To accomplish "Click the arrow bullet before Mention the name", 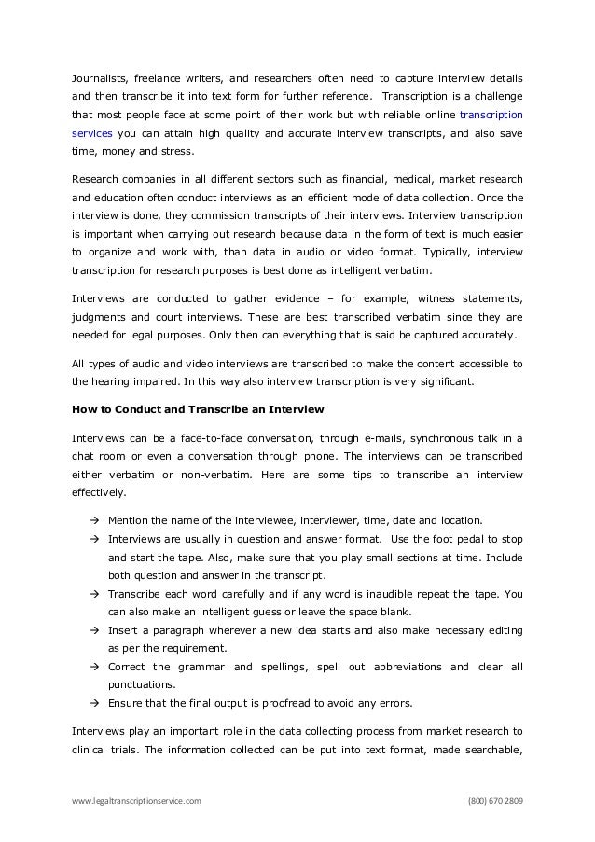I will (94, 520).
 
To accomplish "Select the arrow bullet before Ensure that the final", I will (94, 703).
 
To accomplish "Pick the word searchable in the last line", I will (489, 748).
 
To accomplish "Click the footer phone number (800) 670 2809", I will (495, 801).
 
